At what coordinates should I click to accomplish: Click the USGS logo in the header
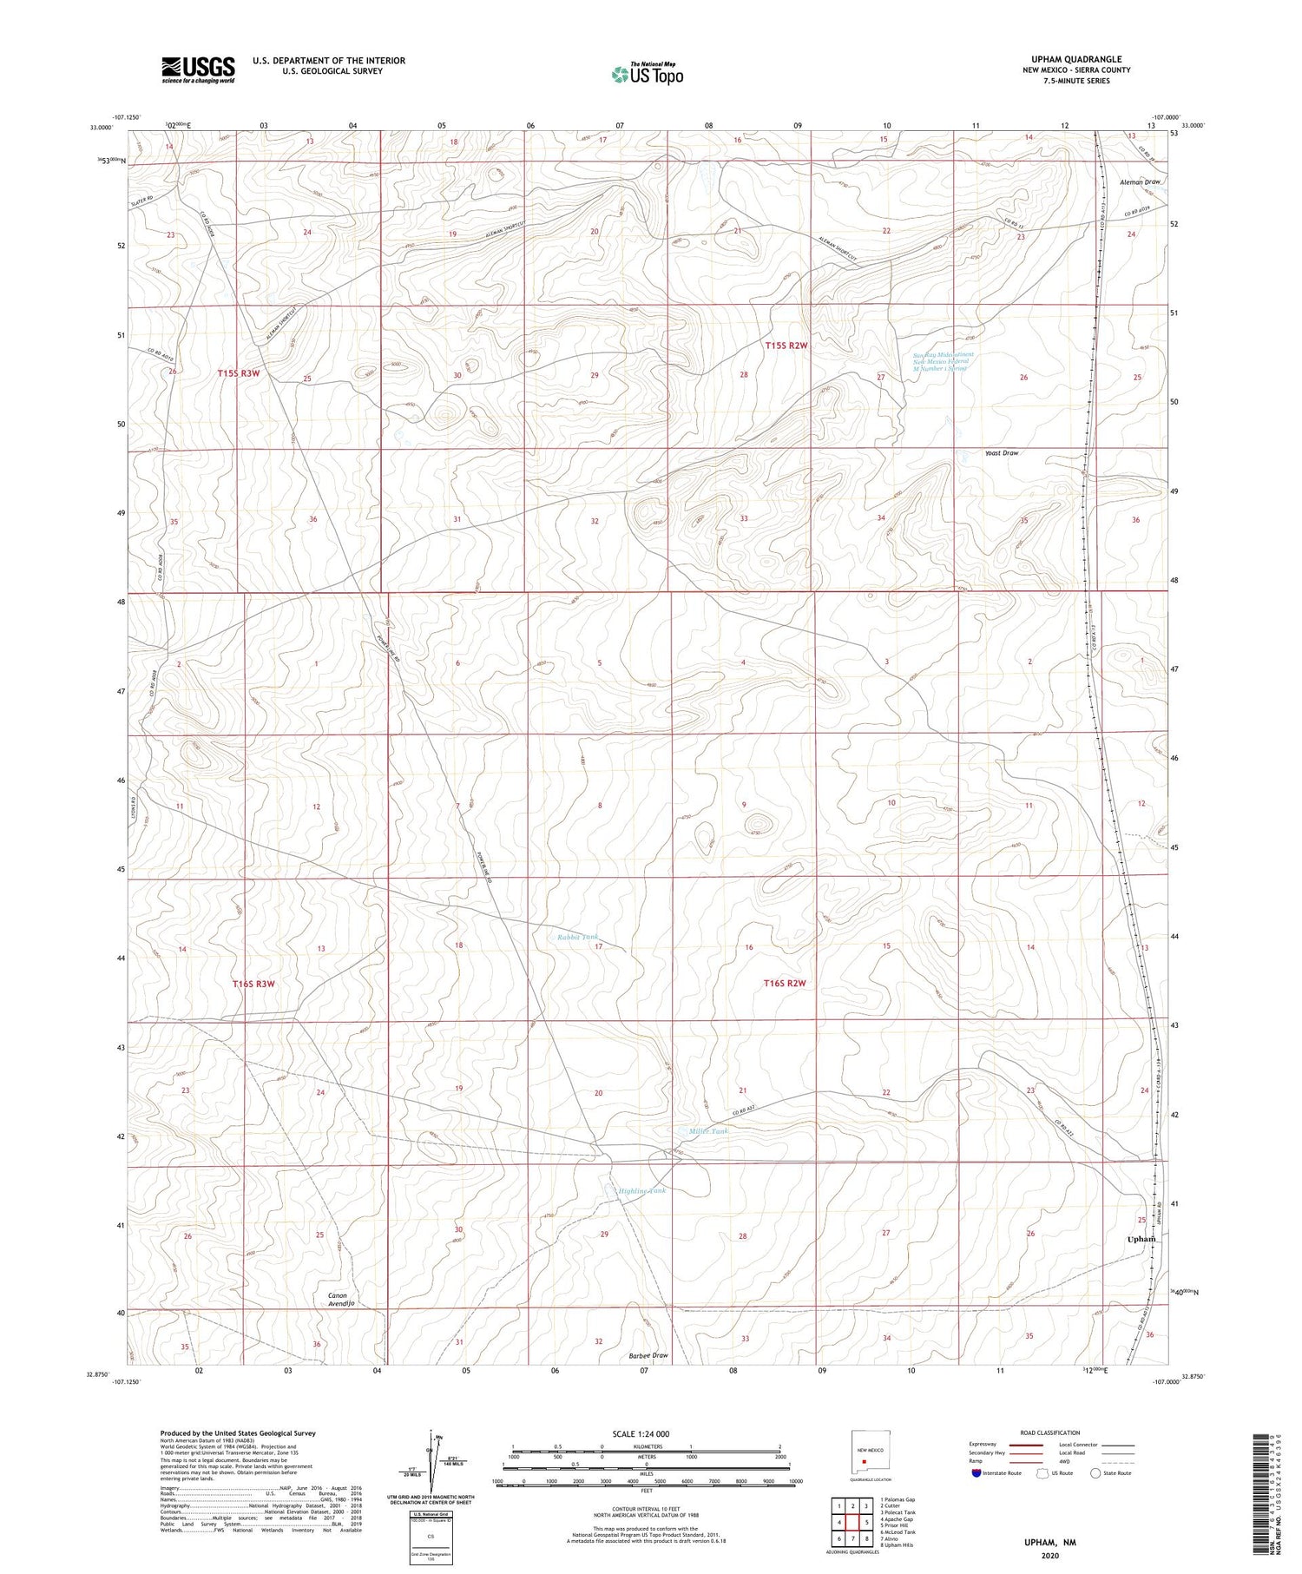[197, 69]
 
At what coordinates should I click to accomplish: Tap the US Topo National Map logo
[647, 74]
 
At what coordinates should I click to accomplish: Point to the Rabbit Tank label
[577, 937]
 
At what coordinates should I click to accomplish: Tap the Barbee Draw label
[648, 1355]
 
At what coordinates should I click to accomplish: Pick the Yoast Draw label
[1001, 453]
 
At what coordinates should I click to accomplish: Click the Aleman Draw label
[1140, 182]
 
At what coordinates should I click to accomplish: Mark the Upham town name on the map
[1141, 1239]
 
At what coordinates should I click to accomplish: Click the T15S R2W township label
[786, 346]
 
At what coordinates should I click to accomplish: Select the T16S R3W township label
[253, 984]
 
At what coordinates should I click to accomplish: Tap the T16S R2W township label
[785, 983]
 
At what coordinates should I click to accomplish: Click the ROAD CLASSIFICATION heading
[1049, 1432]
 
